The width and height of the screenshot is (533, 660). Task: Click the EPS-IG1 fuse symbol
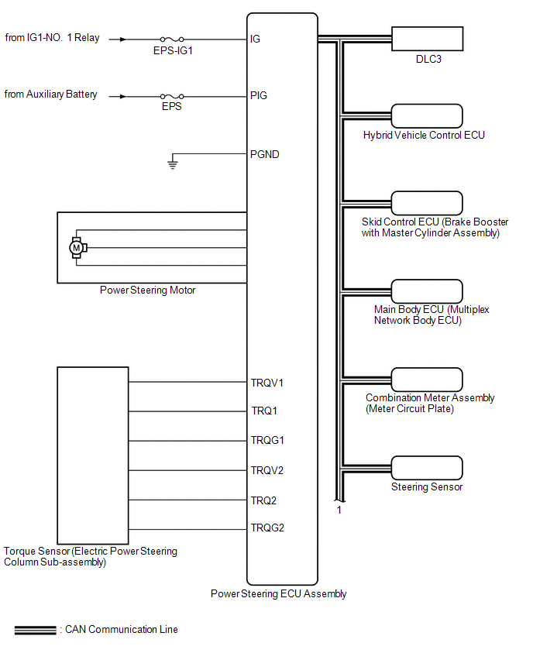pos(171,38)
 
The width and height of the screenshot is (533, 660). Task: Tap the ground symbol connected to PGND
pos(173,163)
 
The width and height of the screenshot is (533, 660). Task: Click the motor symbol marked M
pos(77,247)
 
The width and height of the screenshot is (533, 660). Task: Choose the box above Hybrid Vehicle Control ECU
pos(427,115)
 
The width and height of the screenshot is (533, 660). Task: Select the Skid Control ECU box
pos(427,203)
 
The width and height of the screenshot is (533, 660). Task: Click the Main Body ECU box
pos(427,290)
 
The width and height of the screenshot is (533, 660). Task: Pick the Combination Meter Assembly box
pos(427,380)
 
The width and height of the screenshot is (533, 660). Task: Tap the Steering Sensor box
pos(427,468)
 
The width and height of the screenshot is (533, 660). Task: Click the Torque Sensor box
pos(93,455)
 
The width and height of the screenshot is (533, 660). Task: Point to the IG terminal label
pos(256,38)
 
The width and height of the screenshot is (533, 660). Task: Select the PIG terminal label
pos(260,95)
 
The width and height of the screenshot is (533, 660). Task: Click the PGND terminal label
pos(265,154)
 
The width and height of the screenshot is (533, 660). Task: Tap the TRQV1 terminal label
pos(267,382)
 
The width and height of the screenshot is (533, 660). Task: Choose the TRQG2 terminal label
pos(267,529)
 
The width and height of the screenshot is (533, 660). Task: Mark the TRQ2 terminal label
pos(263,500)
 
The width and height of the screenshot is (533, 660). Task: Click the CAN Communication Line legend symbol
pos(35,630)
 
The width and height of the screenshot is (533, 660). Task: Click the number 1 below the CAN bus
pos(339,510)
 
